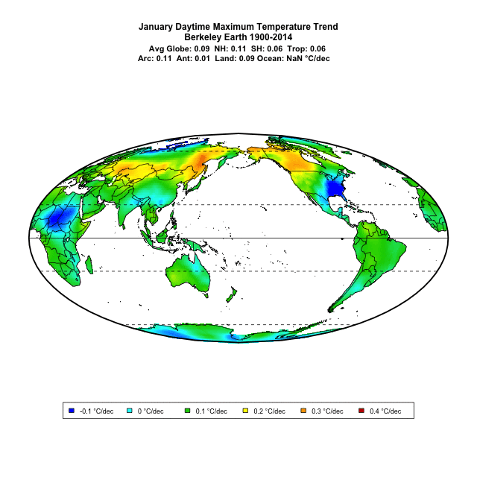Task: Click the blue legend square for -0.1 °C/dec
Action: (72, 411)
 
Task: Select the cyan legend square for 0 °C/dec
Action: (130, 411)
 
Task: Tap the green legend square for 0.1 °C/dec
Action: (188, 411)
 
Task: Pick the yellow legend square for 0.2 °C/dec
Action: (246, 411)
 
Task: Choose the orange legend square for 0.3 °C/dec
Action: (304, 411)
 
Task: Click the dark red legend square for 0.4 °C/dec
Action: (362, 411)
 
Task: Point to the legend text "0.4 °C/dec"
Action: (385, 411)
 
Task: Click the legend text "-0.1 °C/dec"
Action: (97, 411)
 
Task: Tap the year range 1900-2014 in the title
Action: (267, 37)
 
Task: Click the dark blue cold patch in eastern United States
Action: (338, 189)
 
